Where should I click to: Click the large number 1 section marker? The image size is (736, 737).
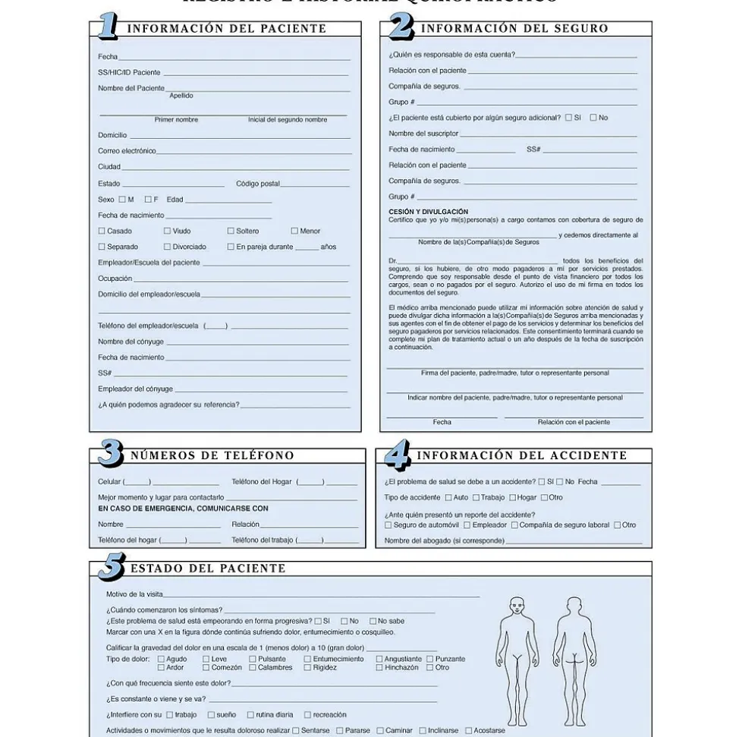point(107,27)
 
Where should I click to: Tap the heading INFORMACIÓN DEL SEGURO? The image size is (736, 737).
point(514,29)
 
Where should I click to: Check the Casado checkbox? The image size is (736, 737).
point(102,231)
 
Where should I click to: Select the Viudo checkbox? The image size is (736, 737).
point(168,231)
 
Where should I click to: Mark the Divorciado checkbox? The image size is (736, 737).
point(168,247)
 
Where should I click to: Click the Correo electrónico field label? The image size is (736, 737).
point(127,151)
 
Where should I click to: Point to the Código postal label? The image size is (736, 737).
point(258,184)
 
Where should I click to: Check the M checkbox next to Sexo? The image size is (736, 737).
point(122,200)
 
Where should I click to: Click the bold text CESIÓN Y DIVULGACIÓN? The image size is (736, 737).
point(429,212)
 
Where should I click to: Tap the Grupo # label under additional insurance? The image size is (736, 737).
point(401,197)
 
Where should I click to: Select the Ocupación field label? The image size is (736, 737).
point(115,279)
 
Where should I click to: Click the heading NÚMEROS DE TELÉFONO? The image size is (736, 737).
point(212,456)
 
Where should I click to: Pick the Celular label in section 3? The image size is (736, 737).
point(110,482)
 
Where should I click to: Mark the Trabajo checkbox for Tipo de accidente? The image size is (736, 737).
point(476,498)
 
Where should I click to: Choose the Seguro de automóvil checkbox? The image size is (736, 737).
point(388,525)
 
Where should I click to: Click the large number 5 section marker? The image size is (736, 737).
point(112,567)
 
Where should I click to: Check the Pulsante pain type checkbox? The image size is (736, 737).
point(253,659)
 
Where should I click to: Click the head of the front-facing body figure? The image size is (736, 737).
point(517,606)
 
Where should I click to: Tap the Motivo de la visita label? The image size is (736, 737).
point(134,594)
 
